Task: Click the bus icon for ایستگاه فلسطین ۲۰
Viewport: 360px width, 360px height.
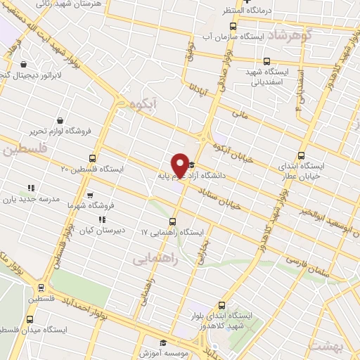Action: (93, 158)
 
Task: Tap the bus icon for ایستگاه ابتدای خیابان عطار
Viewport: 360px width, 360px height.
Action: (302, 155)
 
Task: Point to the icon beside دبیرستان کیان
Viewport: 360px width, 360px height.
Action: (103, 219)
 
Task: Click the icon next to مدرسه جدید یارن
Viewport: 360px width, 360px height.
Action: (30, 188)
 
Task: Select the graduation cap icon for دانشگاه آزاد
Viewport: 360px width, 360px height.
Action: (191, 165)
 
